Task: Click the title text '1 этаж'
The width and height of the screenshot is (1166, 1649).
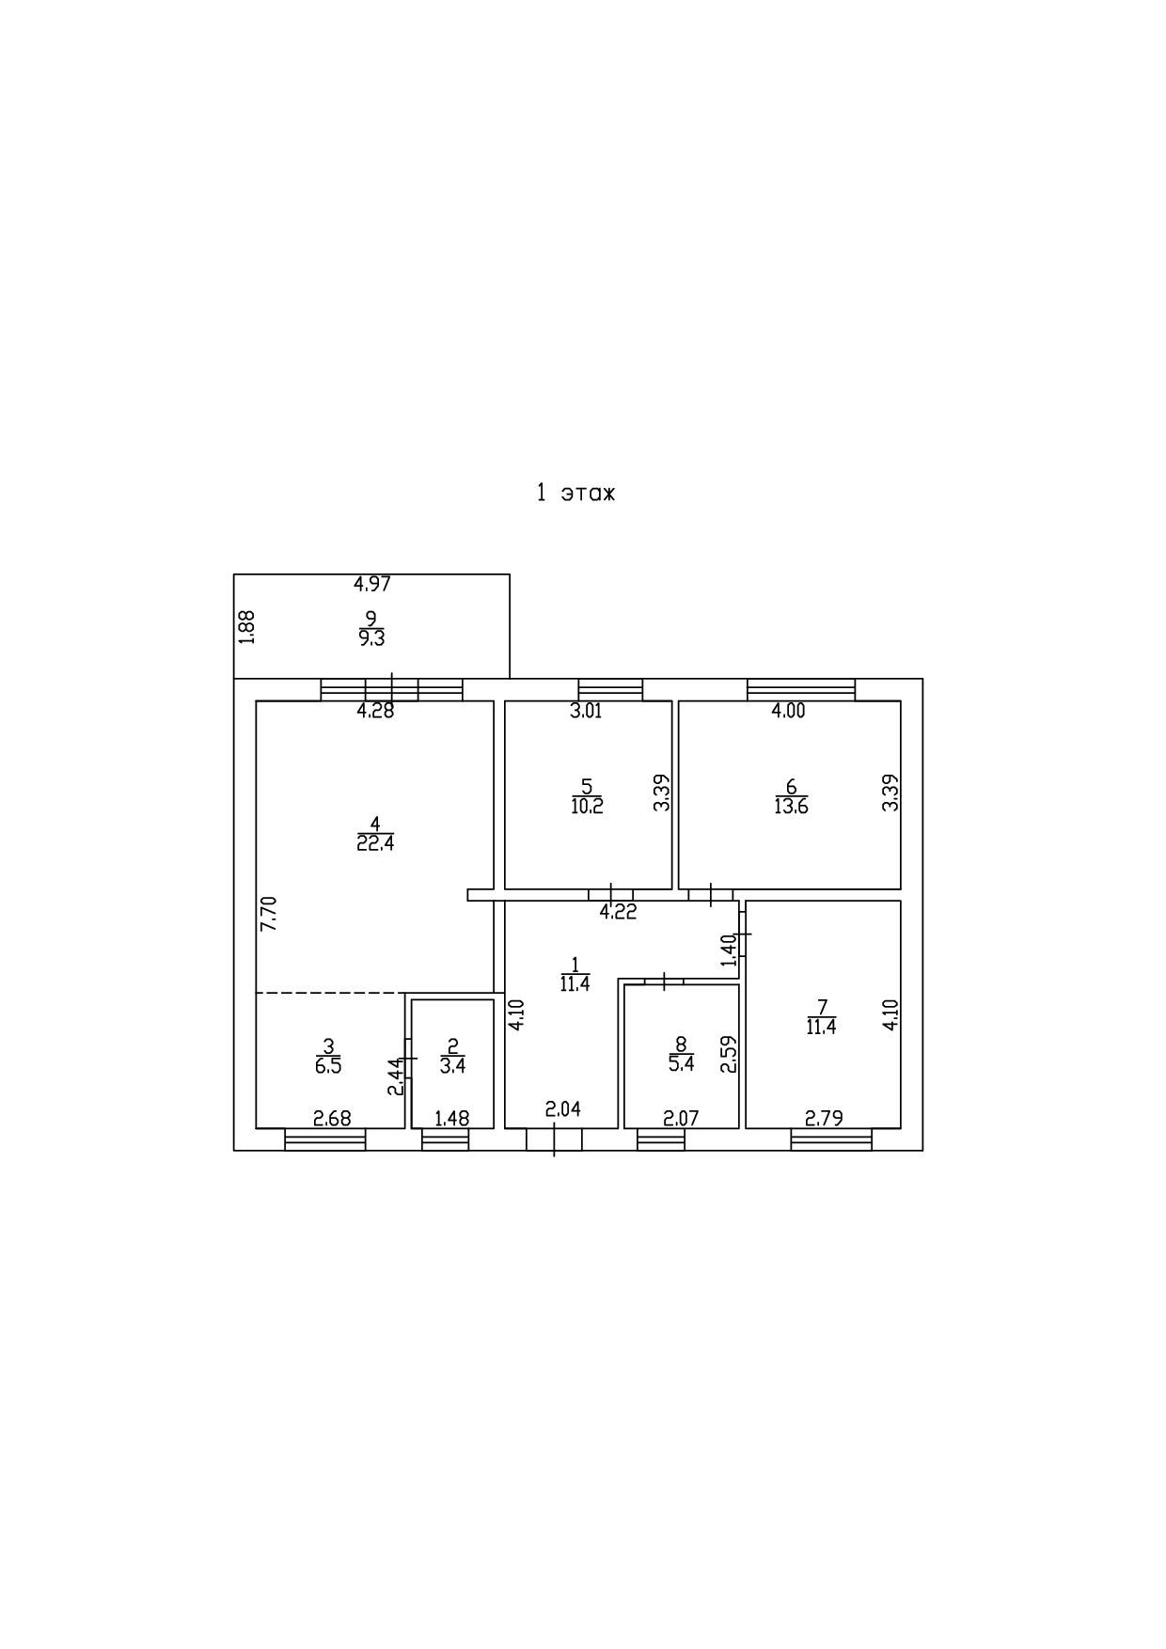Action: coord(575,493)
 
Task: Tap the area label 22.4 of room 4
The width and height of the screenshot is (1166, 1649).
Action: coord(375,843)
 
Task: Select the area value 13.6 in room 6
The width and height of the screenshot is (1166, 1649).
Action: coord(791,806)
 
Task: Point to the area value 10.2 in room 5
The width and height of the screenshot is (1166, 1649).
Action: coord(587,806)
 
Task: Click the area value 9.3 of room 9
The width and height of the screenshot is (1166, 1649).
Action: coord(371,638)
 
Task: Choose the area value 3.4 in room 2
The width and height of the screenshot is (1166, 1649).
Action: coord(452,1066)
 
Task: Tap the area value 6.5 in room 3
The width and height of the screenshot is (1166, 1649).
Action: coord(328,1066)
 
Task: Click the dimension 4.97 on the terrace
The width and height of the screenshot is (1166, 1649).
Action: coord(371,584)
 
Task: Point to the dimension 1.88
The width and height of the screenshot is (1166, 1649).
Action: coord(247,627)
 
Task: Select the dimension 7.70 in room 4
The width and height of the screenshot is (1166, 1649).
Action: coord(269,913)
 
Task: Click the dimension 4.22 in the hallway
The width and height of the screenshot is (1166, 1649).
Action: coord(618,911)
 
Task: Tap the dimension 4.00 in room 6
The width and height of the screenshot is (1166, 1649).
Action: coord(788,711)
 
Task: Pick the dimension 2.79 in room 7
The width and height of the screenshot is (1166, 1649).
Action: coord(824,1118)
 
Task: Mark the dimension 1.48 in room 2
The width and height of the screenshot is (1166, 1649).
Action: coord(451,1119)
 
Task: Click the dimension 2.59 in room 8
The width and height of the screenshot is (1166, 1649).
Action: coord(728,1055)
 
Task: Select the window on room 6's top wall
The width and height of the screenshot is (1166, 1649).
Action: coord(801,689)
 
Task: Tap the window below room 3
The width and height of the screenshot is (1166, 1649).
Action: coord(324,1139)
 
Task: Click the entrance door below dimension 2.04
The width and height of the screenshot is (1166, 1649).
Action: coord(554,1139)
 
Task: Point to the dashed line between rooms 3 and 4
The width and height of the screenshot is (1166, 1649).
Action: coord(330,993)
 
